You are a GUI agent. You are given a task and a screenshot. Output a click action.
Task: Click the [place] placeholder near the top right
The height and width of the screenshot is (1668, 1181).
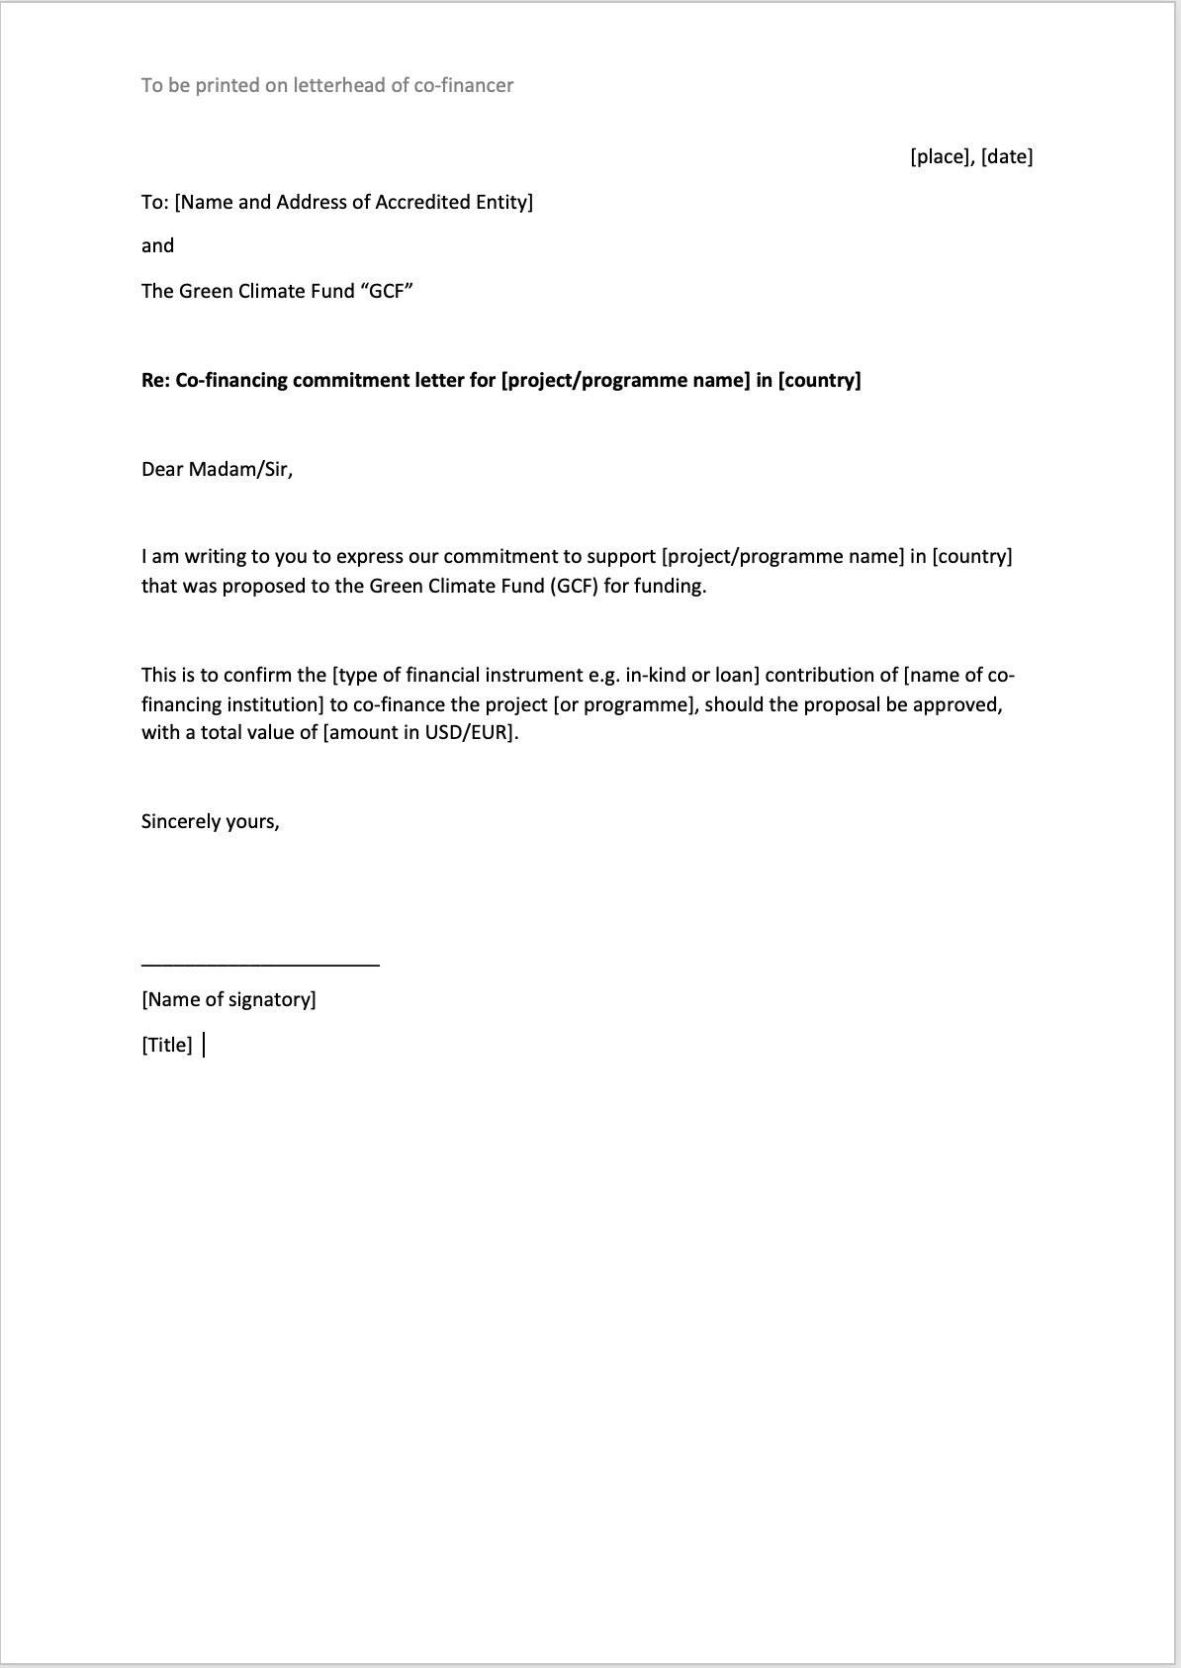(x=942, y=156)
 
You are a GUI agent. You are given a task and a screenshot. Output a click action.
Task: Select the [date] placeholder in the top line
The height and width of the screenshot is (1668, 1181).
(x=1007, y=156)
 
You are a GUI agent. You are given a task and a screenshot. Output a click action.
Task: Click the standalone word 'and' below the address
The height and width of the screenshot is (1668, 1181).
(x=157, y=245)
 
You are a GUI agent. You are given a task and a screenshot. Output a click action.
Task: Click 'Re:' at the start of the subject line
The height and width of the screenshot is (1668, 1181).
(x=155, y=380)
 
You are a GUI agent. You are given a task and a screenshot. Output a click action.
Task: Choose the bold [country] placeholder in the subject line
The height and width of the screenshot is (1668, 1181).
(x=820, y=380)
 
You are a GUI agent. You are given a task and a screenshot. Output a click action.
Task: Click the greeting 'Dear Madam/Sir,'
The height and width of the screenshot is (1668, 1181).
(x=217, y=469)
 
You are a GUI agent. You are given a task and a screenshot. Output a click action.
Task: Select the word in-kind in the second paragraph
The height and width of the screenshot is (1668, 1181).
(x=653, y=676)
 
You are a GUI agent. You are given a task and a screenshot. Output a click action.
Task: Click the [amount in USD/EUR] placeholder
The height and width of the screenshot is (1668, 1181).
(x=418, y=734)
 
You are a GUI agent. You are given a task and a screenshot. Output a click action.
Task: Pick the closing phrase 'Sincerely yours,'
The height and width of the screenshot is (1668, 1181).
(x=210, y=821)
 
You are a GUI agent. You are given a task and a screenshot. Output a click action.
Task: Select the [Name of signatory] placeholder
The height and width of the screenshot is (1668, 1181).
(x=228, y=999)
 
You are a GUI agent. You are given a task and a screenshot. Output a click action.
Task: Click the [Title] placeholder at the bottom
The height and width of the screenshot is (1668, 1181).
(x=167, y=1045)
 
